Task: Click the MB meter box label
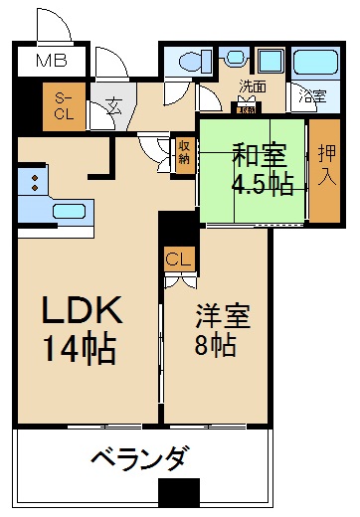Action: tap(52, 61)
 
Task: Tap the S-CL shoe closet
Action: tap(64, 106)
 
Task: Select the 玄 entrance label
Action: tap(113, 105)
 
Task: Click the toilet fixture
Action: tap(195, 61)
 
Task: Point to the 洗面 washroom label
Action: tap(253, 86)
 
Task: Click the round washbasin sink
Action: tap(236, 57)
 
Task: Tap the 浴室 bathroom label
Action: tap(312, 96)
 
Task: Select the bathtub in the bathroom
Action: tap(315, 62)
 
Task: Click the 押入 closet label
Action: tap(327, 165)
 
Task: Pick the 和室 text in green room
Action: tap(260, 155)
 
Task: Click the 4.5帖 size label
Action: tap(263, 185)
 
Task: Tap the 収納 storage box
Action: tap(184, 155)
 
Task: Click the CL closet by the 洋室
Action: tap(179, 259)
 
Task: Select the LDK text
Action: tap(82, 310)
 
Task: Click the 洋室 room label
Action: tap(223, 316)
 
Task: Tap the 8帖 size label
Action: tap(216, 345)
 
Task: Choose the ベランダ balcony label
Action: tap(141, 458)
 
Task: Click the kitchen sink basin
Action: tap(69, 212)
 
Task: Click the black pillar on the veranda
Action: tap(179, 493)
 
